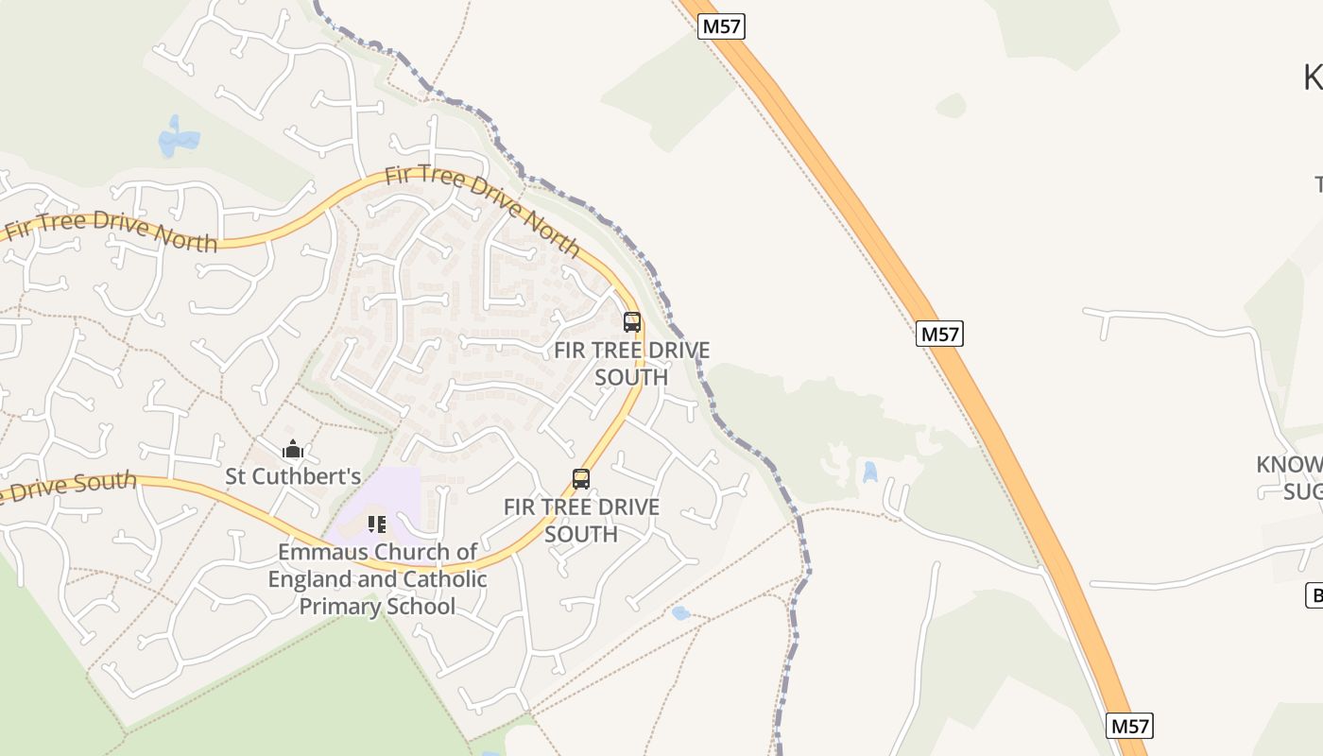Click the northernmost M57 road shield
[722, 27]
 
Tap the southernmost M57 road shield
[1129, 726]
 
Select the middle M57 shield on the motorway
[939, 334]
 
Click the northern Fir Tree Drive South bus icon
[632, 322]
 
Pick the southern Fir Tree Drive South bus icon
[581, 479]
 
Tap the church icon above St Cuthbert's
[292, 450]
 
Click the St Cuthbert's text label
[293, 476]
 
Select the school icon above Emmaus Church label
[377, 524]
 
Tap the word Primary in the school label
[338, 607]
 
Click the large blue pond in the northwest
[178, 139]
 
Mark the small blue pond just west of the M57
[869, 471]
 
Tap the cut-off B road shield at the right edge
[1314, 595]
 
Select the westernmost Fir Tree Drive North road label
[112, 232]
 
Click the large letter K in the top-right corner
[1313, 77]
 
